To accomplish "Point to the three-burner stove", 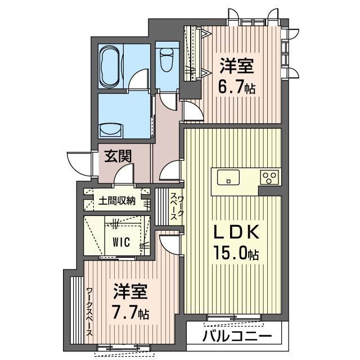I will click(269, 178).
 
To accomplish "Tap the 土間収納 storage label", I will click(117, 200).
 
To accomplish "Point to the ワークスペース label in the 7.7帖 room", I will click(89, 312).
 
